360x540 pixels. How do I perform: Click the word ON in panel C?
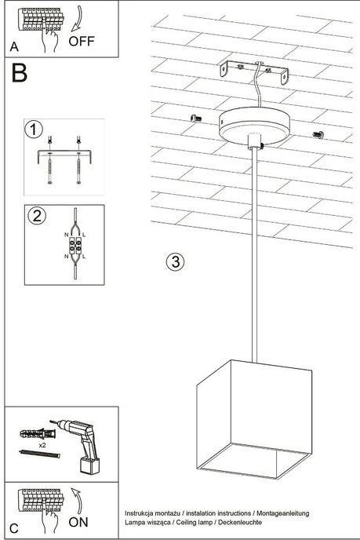pyautogui.click(x=80, y=521)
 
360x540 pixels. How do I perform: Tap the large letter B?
pyautogui.click(x=20, y=74)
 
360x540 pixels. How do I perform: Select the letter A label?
pyautogui.click(x=14, y=47)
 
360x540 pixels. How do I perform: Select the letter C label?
pyautogui.click(x=14, y=527)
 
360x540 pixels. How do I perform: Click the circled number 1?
pyautogui.click(x=34, y=129)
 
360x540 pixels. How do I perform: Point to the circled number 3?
pyautogui.click(x=176, y=261)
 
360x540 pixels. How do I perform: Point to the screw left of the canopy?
pyautogui.click(x=196, y=118)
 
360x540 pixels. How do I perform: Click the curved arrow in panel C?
pyautogui.click(x=78, y=498)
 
